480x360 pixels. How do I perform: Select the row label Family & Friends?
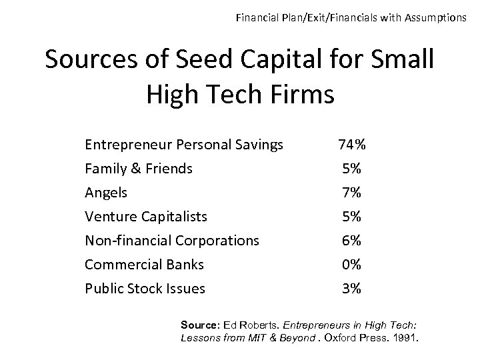pos(139,169)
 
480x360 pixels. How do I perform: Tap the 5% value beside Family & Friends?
pos(351,169)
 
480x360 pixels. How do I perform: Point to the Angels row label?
pos(106,193)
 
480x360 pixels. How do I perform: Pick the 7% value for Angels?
pos(351,193)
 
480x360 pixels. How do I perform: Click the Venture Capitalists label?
pos(146,217)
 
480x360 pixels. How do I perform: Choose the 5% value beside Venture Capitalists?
pos(351,217)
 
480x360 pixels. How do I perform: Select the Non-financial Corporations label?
pos(172,241)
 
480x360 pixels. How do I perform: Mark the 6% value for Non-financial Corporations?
pos(351,241)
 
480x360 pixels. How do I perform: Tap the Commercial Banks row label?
pos(145,265)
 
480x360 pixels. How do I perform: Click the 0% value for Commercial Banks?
pos(351,265)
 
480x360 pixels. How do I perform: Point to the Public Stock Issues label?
pos(145,289)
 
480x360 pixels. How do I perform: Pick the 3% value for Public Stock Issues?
pos(351,289)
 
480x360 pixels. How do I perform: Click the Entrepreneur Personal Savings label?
pos(184,145)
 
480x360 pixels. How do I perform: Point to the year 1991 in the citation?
pos(405,337)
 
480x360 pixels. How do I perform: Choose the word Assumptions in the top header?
pos(433,17)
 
